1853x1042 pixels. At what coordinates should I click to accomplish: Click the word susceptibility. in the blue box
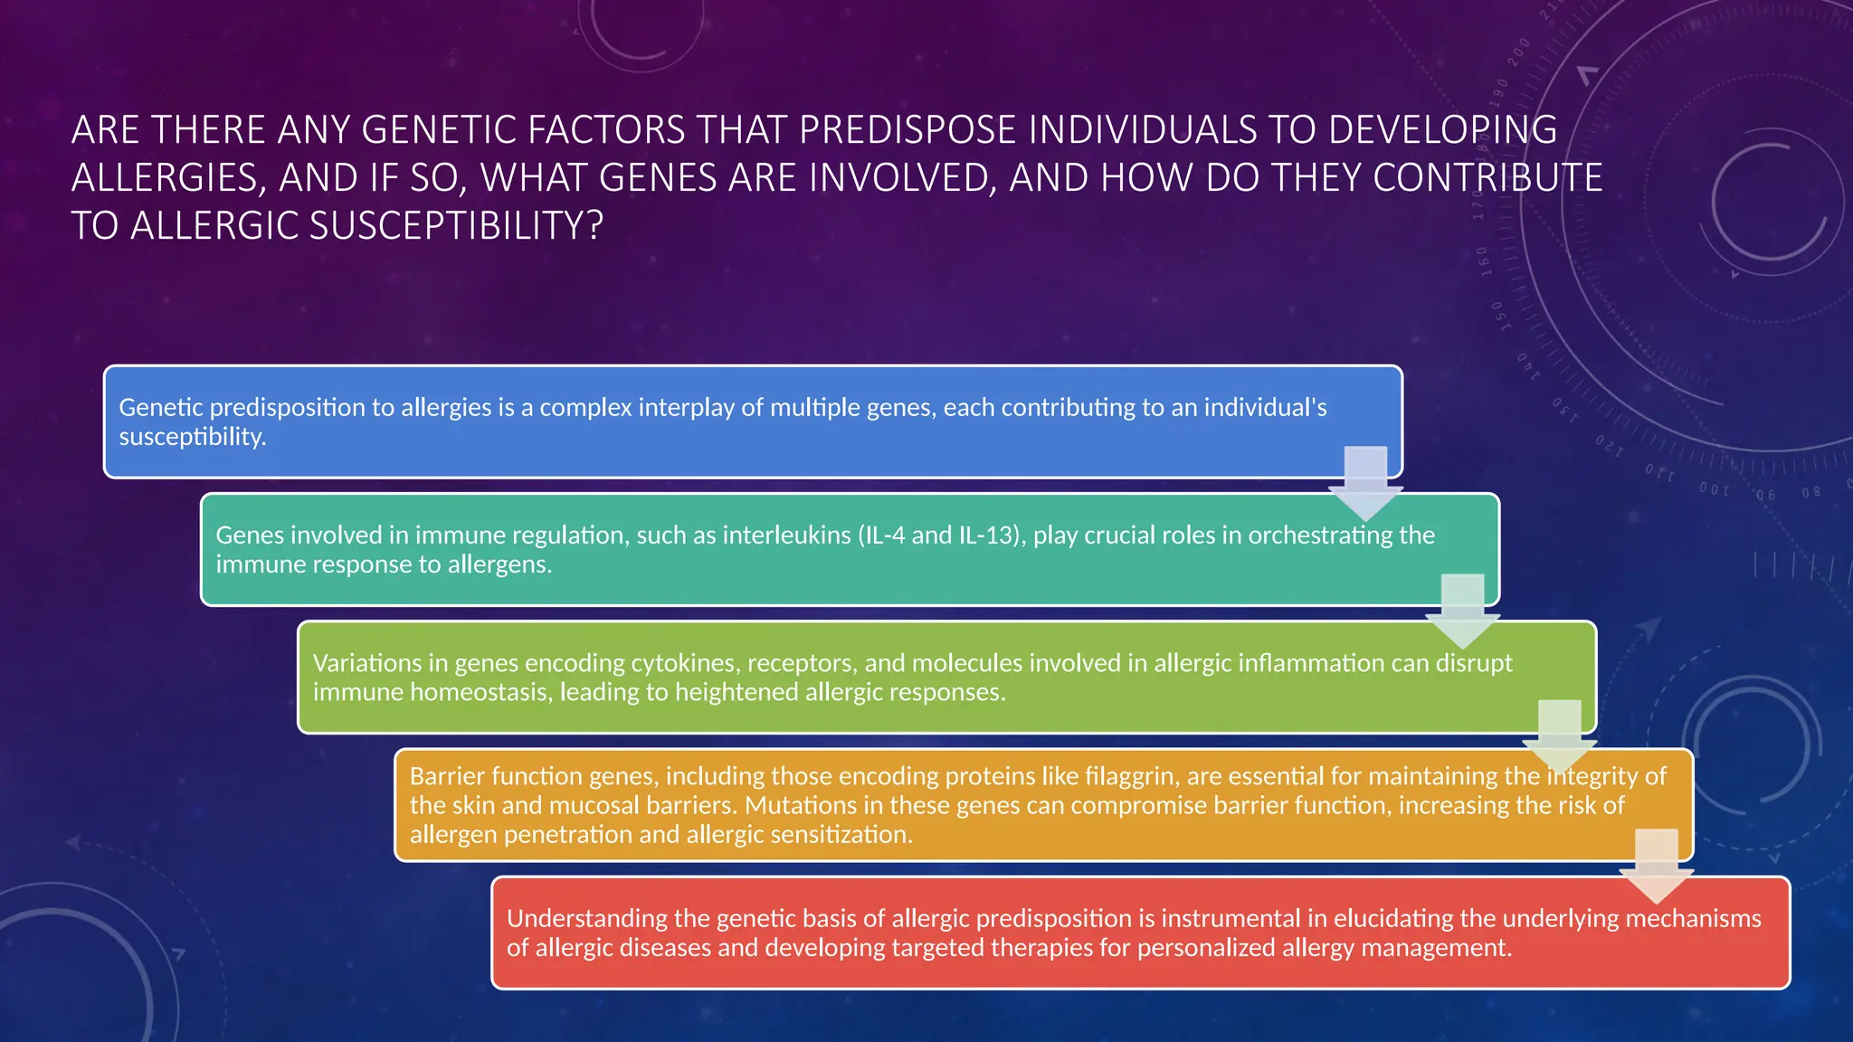[x=193, y=437]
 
